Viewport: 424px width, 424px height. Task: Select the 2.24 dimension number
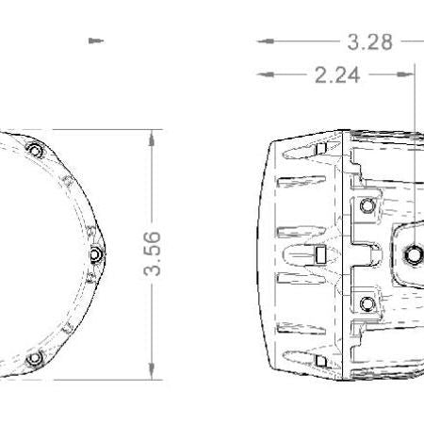click(x=337, y=75)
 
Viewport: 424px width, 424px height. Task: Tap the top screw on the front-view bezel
click(x=35, y=151)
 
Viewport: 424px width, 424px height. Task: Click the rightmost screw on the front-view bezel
click(x=95, y=253)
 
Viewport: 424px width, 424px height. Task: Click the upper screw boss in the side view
click(x=367, y=205)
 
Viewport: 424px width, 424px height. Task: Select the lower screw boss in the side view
click(x=367, y=302)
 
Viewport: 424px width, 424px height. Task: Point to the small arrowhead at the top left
click(x=93, y=41)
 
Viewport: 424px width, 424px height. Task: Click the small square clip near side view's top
click(x=320, y=150)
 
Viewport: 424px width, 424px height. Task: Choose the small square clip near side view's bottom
click(x=320, y=359)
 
